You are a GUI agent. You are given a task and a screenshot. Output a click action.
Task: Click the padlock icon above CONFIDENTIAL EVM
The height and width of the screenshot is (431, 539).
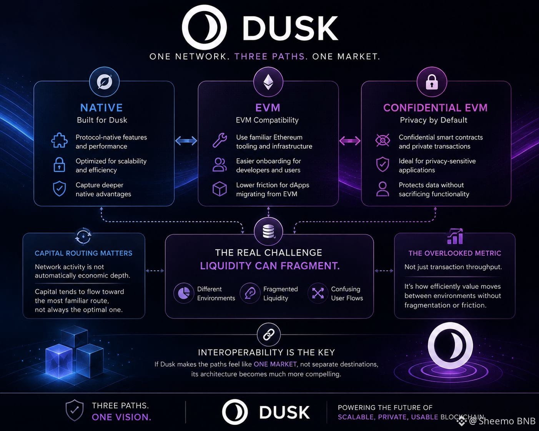432,82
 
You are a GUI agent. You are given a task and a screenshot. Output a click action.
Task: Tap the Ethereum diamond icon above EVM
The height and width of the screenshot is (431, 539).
268,82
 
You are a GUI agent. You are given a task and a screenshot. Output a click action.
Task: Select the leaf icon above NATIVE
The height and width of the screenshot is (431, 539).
104,82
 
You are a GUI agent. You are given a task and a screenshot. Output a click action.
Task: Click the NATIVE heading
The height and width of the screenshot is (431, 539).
101,108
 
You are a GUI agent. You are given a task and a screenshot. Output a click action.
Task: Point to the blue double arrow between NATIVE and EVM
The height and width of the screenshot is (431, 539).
186,141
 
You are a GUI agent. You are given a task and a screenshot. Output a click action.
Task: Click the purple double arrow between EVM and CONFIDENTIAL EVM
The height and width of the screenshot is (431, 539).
350,141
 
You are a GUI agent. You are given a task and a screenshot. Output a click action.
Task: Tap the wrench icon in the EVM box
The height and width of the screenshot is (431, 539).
220,140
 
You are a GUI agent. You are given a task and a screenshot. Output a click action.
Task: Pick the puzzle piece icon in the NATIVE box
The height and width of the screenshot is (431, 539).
59,140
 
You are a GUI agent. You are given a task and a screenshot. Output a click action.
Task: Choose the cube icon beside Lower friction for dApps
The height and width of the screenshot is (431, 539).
220,189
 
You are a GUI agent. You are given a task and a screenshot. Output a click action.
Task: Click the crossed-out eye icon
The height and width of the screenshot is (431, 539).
383,140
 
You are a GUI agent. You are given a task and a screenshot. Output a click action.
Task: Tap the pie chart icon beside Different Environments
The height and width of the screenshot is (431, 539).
184,293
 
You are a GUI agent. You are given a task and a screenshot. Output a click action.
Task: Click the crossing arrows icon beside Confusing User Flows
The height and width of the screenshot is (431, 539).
318,293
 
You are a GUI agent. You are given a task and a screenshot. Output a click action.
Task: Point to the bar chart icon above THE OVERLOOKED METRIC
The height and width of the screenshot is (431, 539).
455,236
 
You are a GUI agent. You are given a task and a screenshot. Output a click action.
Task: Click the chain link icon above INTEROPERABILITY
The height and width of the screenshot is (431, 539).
268,335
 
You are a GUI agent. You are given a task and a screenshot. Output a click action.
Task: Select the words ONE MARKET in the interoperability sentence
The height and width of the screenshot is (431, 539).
275,364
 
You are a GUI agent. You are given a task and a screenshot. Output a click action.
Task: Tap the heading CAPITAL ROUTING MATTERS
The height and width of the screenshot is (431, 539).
83,253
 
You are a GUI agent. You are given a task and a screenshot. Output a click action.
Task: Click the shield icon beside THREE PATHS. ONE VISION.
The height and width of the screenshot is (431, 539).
74,411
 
